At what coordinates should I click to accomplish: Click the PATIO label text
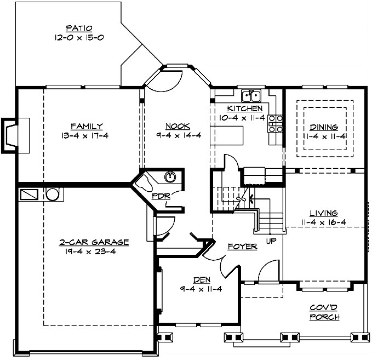[79, 28]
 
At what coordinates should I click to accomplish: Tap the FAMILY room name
[86, 126]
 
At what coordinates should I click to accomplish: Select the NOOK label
[177, 126]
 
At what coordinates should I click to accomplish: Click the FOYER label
[242, 247]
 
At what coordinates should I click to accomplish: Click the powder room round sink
[170, 176]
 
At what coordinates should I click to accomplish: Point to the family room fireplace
[12, 134]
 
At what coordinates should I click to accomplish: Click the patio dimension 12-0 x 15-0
[79, 38]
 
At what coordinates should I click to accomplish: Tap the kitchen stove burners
[276, 124]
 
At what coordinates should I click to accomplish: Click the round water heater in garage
[52, 194]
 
